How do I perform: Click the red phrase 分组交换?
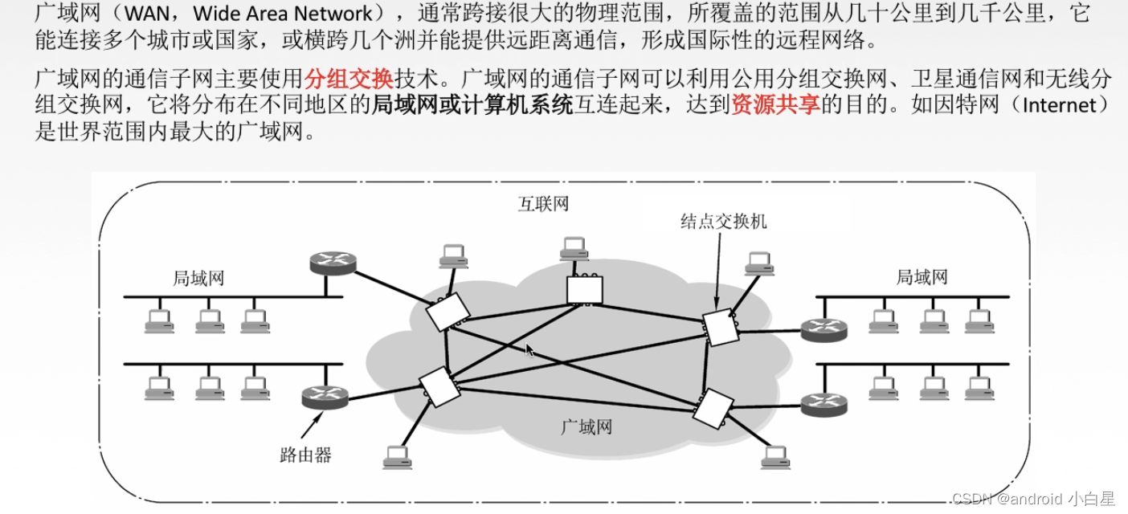click(x=349, y=79)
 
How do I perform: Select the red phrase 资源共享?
click(x=775, y=105)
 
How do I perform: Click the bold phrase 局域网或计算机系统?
click(x=472, y=105)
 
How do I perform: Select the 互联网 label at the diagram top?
click(x=542, y=204)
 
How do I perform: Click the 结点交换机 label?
click(x=723, y=221)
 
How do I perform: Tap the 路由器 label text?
click(x=305, y=455)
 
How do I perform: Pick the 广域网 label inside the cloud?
click(x=586, y=426)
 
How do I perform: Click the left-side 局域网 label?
click(x=198, y=279)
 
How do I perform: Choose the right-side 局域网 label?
click(x=922, y=278)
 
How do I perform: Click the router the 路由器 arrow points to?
click(x=325, y=395)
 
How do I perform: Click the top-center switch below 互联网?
click(x=584, y=290)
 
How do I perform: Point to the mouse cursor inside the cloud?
click(x=529, y=350)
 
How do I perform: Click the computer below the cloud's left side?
click(x=397, y=457)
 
